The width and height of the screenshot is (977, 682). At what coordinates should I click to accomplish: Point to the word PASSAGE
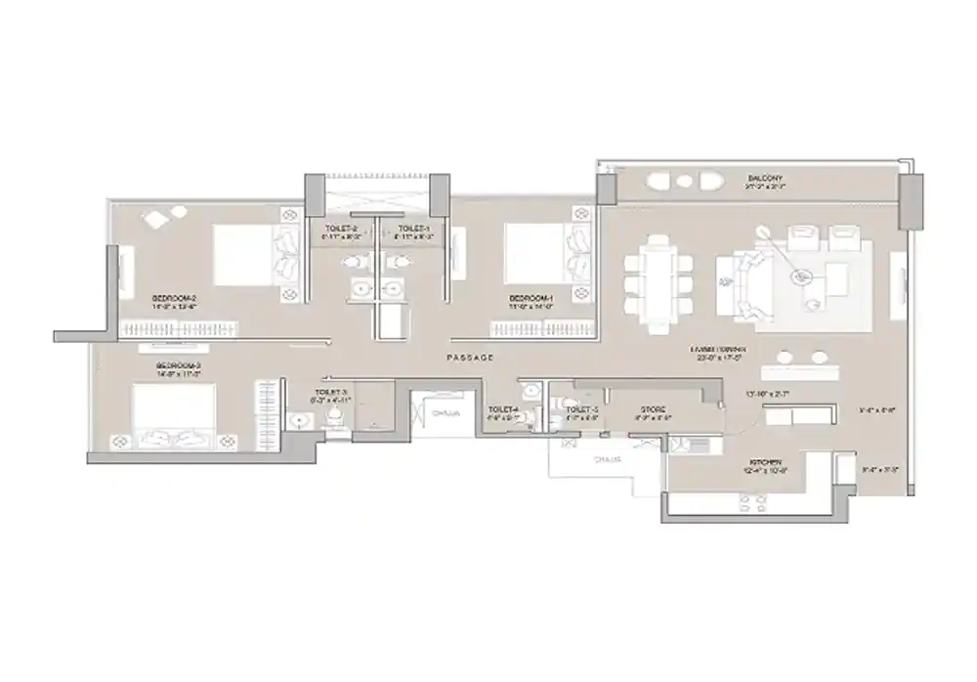click(x=469, y=358)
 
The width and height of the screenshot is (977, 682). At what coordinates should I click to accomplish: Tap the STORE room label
click(x=654, y=409)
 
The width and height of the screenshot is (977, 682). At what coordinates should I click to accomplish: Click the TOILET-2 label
click(x=341, y=229)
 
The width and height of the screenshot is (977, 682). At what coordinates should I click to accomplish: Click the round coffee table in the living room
click(x=803, y=277)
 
